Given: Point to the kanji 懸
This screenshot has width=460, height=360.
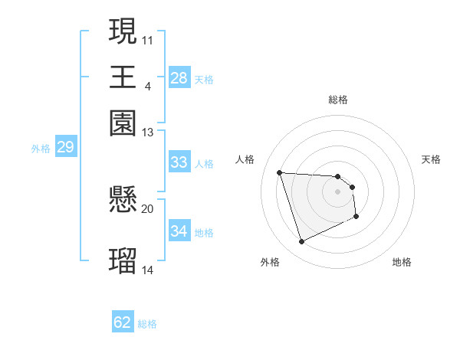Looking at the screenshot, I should tap(123, 201).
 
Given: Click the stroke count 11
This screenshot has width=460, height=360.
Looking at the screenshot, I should tap(148, 39).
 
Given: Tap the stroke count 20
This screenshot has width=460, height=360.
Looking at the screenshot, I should tap(148, 208).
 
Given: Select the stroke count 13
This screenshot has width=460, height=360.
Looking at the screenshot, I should tap(148, 133).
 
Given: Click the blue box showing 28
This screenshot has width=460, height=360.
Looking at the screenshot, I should tap(179, 78).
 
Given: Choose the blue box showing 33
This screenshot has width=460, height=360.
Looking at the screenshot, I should tap(179, 162).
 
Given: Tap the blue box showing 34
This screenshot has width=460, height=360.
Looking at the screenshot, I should tap(179, 231).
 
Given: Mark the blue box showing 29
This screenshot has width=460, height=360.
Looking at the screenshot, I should tap(65, 147).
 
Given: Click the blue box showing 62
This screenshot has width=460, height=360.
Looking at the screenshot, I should tap(123, 322).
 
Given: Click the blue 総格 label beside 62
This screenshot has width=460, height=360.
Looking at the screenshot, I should tap(148, 324).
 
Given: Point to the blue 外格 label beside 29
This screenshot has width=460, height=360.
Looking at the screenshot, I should tap(41, 149).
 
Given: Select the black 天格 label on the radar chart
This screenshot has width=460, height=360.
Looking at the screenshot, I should tap(431, 159).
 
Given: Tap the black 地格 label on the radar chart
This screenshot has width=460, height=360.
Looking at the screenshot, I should tap(402, 262).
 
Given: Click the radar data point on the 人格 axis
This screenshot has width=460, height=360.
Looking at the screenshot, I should tap(280, 172).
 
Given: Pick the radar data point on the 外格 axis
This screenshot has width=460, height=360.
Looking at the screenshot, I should tap(301, 242).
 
